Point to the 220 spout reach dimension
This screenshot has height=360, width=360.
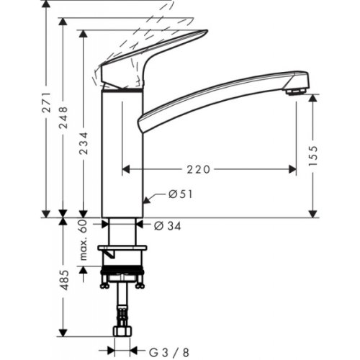[x=198, y=170]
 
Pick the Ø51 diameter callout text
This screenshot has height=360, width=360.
[x=179, y=193]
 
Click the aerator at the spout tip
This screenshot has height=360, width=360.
[x=292, y=91]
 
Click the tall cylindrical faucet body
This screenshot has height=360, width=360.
[x=122, y=151]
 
